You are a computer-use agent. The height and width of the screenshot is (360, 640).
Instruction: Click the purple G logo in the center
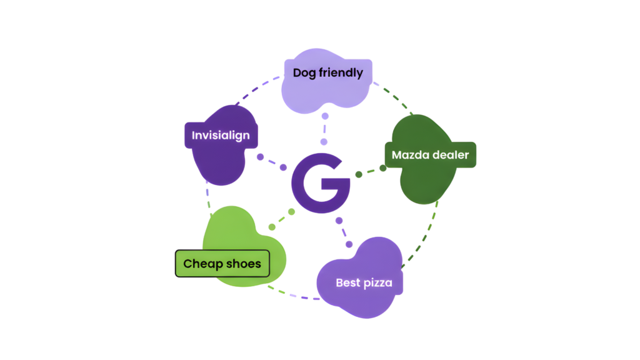click(x=319, y=182)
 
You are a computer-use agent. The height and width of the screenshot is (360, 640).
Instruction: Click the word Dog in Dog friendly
click(x=304, y=72)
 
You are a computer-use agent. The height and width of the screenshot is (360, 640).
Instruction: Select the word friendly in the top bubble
click(x=341, y=72)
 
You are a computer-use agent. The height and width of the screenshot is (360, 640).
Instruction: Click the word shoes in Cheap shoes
click(x=244, y=264)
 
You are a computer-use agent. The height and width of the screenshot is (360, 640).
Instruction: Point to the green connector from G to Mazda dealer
click(x=369, y=171)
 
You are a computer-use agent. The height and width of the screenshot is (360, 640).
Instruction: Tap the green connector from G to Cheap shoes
click(x=281, y=219)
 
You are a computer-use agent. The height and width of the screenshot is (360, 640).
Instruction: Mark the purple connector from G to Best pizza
click(x=344, y=232)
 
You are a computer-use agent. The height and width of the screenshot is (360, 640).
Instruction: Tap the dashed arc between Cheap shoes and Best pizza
click(x=294, y=294)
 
